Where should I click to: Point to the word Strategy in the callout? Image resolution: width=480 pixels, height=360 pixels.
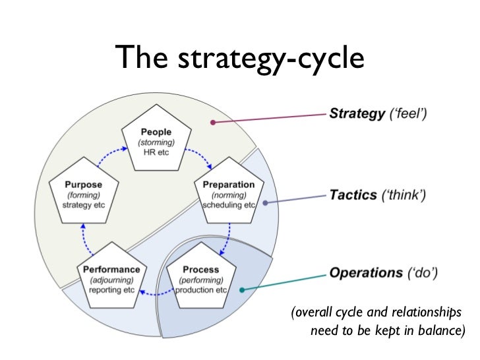(357, 113)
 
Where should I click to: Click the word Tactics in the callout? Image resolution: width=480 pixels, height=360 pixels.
(353, 195)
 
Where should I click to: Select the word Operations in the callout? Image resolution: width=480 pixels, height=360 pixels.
(365, 272)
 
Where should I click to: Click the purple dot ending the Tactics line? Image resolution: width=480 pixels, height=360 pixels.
(264, 202)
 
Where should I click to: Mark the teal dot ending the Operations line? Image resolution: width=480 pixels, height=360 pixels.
(242, 289)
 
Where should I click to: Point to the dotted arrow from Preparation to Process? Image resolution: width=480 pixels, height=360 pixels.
(227, 236)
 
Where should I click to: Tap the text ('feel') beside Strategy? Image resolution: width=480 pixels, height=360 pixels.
(408, 113)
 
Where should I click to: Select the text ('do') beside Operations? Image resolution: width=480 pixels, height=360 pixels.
(425, 272)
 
